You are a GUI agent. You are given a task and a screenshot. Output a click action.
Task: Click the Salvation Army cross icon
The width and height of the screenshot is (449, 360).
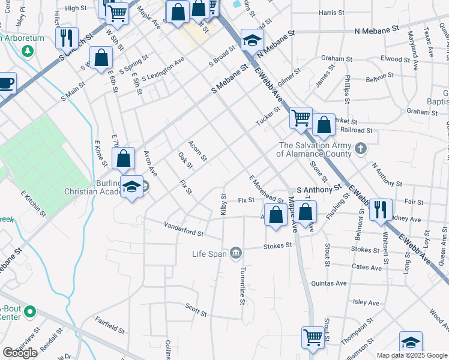click(x=360, y=148)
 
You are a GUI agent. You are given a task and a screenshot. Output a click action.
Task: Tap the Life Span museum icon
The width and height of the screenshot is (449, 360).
click(x=237, y=253)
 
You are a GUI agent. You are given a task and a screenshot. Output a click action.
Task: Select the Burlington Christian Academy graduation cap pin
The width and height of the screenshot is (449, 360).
click(x=131, y=187)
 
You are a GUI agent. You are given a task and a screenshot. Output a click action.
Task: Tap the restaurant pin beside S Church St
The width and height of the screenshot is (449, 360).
click(x=67, y=37)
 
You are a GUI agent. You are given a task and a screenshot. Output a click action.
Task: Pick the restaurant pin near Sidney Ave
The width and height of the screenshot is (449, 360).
click(x=381, y=209)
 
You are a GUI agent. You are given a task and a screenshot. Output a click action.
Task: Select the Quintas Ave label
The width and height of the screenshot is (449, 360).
click(x=329, y=283)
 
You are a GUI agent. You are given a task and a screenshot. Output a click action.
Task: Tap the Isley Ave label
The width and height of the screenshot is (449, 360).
click(x=367, y=303)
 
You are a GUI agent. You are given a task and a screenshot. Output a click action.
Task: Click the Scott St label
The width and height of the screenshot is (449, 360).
click(x=196, y=310)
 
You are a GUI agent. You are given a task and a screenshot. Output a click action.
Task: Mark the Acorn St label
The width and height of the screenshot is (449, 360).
click(x=197, y=151)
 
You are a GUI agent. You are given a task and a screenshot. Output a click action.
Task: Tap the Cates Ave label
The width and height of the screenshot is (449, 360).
click(x=367, y=266)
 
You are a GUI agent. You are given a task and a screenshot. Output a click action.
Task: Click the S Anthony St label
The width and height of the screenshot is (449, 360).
click(x=315, y=190)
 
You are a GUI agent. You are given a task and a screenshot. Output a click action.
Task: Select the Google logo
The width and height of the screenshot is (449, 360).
click(x=20, y=352)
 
